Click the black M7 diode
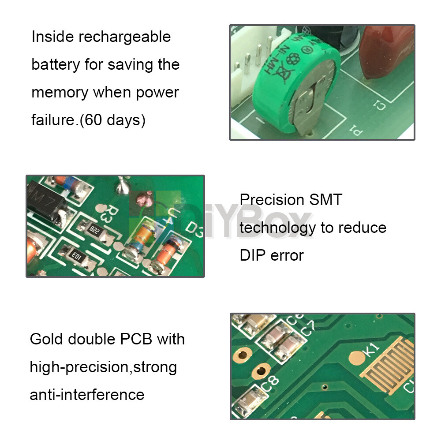click(x=44, y=201)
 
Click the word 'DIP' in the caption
click(x=254, y=255)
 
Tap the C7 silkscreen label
click(x=307, y=329)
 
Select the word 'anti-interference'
click(x=87, y=394)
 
